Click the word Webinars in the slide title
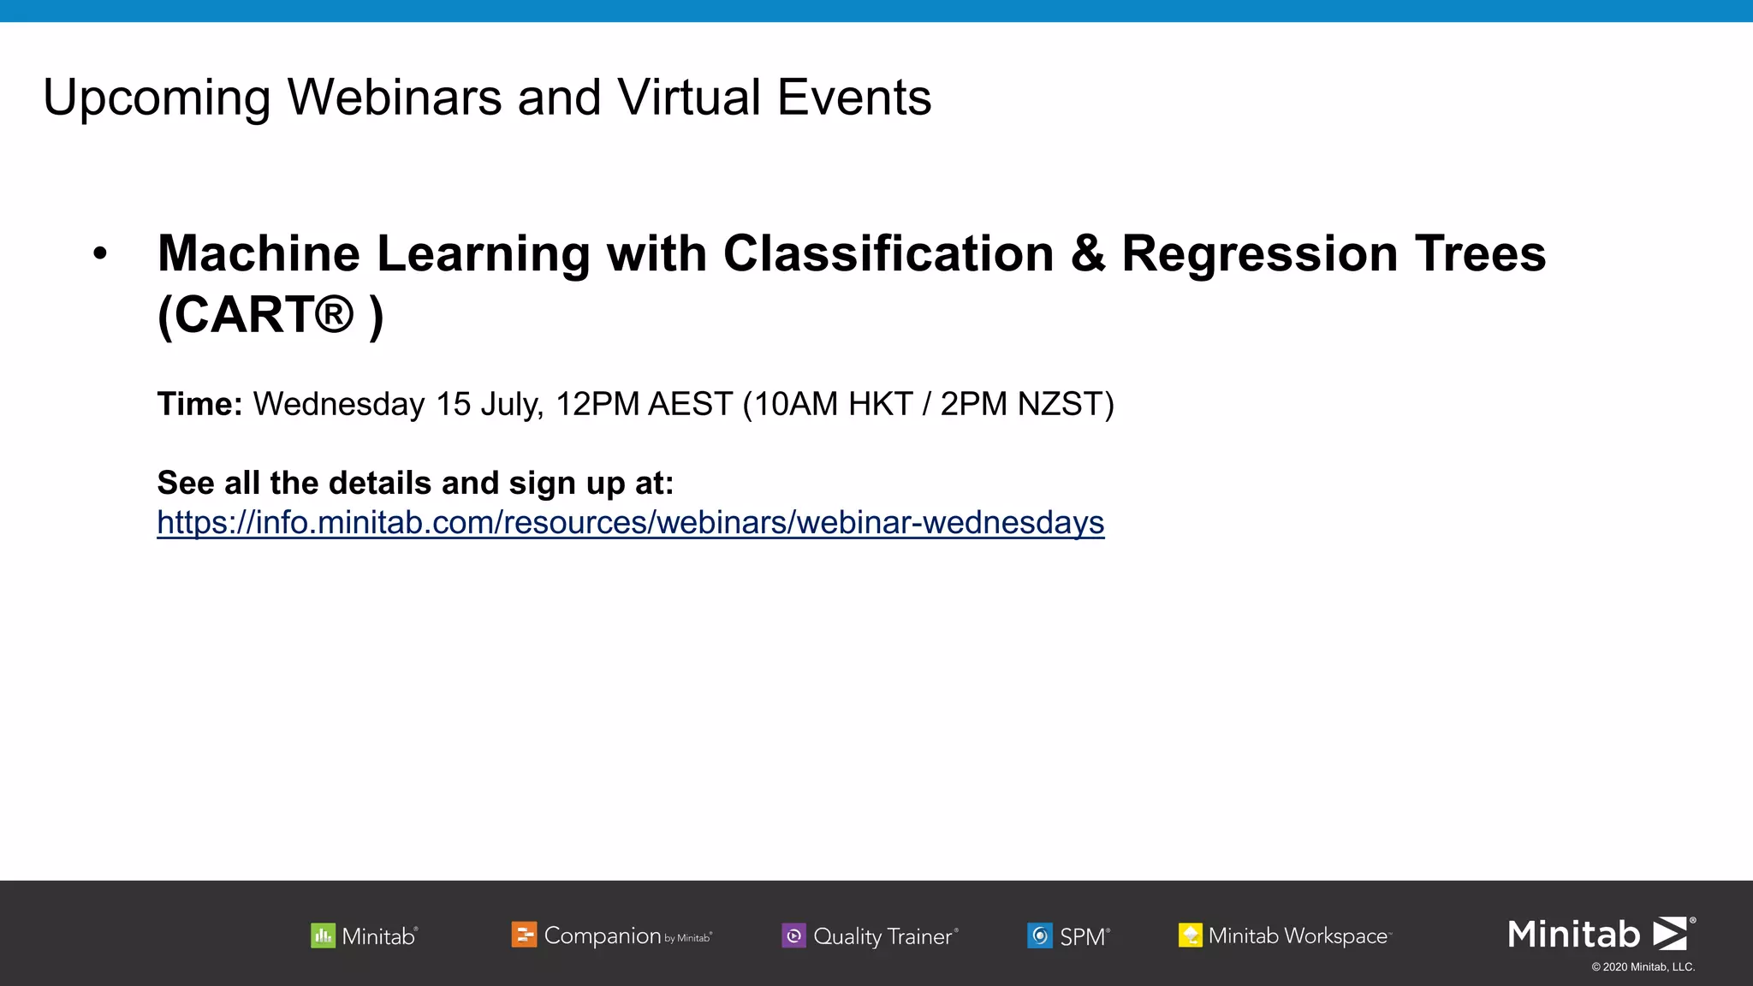click(x=394, y=98)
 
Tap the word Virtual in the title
click(x=689, y=98)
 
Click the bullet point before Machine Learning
click(x=100, y=254)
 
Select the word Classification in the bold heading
click(x=888, y=254)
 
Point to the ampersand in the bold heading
click(x=1087, y=254)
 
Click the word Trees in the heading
click(x=1480, y=254)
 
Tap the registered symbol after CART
click(x=333, y=314)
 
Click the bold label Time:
click(x=200, y=404)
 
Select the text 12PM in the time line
click(x=597, y=404)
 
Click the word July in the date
click(x=511, y=404)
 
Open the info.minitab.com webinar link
click(x=630, y=522)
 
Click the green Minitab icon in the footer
click(x=323, y=936)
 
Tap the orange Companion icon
click(x=524, y=935)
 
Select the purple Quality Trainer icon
click(x=793, y=936)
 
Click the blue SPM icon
click(x=1039, y=936)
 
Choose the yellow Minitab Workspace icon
click(x=1190, y=936)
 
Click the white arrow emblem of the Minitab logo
click(x=1669, y=933)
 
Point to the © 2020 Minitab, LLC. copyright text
click(x=1643, y=967)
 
